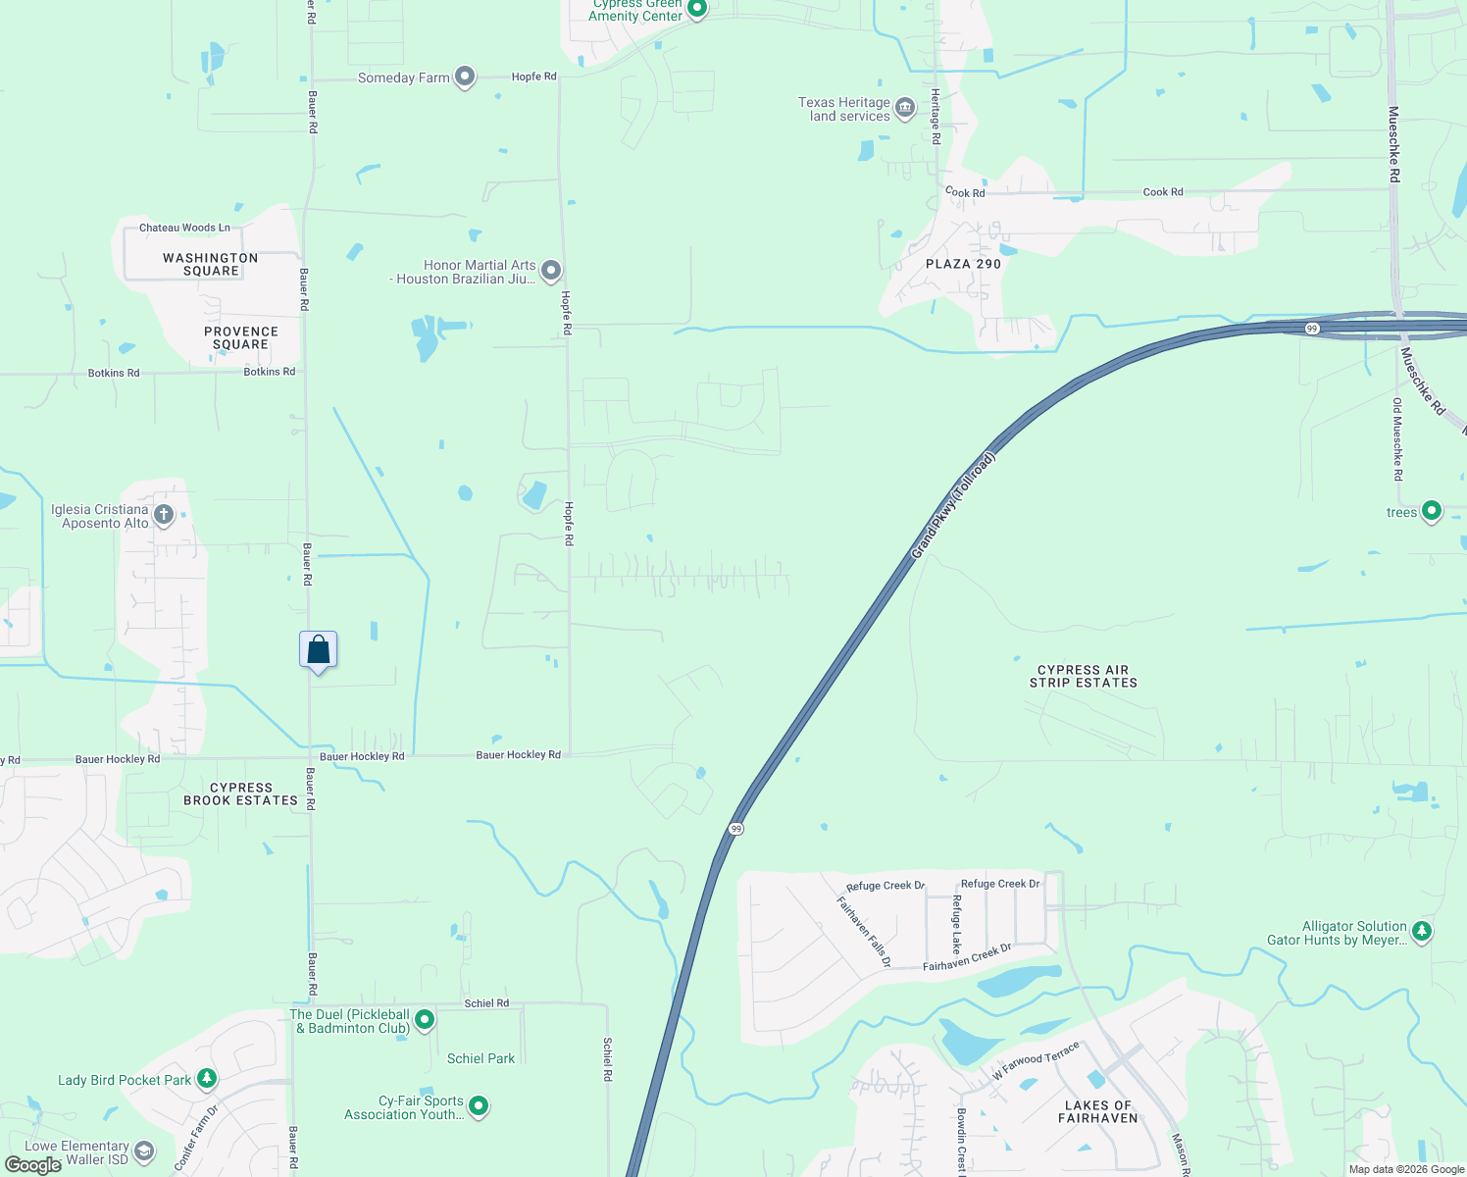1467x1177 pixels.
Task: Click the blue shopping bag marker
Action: (x=319, y=649)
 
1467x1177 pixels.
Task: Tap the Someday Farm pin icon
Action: (x=465, y=77)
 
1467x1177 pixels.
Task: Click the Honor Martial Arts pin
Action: (x=551, y=270)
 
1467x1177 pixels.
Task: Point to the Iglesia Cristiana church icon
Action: (x=164, y=514)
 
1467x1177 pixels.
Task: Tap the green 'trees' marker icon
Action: (x=1432, y=510)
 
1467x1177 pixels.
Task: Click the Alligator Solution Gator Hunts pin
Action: (x=1422, y=931)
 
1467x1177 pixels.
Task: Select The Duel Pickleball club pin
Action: (x=425, y=1020)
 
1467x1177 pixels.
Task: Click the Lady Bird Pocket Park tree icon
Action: (x=206, y=1079)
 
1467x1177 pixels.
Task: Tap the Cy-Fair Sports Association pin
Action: (x=479, y=1105)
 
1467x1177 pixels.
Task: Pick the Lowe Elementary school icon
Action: (x=144, y=1151)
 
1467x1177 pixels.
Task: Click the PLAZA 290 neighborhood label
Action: (x=963, y=264)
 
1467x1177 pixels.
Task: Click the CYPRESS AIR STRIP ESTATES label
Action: (x=1084, y=677)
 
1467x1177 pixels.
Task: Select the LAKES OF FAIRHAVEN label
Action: (x=1098, y=1111)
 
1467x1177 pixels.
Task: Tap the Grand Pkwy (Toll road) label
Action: (x=953, y=506)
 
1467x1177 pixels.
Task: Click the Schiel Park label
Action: (x=481, y=1058)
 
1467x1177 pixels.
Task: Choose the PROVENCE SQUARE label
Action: (x=241, y=337)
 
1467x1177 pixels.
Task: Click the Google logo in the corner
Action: (x=32, y=1165)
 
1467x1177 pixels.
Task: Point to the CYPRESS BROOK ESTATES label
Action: (x=240, y=793)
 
